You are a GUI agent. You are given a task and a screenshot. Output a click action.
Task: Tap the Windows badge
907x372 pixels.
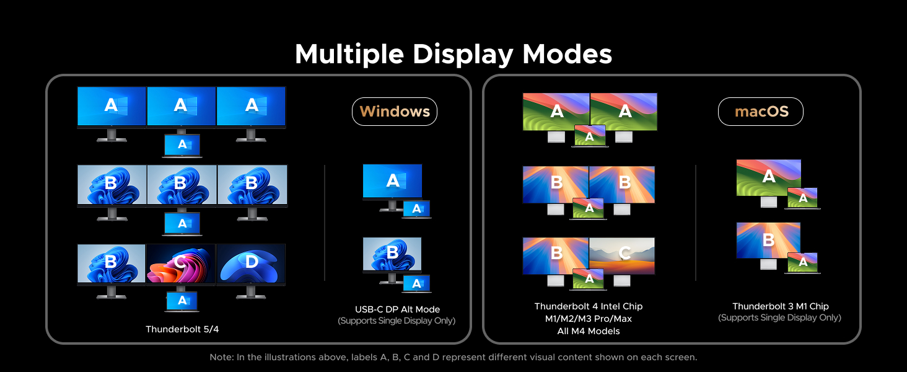pyautogui.click(x=395, y=112)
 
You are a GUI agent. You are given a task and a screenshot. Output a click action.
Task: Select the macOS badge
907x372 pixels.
pyautogui.click(x=761, y=112)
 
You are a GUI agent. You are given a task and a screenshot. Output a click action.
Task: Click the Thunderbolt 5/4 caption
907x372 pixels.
pyautogui.click(x=182, y=329)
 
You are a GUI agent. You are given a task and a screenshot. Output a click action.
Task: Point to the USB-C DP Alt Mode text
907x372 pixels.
pyautogui.click(x=397, y=309)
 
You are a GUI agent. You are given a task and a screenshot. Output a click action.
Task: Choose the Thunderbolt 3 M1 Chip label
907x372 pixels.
pyautogui.click(x=780, y=306)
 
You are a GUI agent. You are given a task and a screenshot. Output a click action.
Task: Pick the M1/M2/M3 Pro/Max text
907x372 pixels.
pyautogui.click(x=588, y=319)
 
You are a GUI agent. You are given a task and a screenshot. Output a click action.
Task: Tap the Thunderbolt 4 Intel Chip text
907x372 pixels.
pyautogui.click(x=588, y=306)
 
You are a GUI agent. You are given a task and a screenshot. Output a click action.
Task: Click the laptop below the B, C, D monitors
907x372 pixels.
pyautogui.click(x=182, y=301)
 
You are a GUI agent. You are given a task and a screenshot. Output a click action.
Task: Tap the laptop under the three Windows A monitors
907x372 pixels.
pyautogui.click(x=182, y=144)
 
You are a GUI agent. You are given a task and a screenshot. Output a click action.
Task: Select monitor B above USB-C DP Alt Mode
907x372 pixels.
pyautogui.click(x=392, y=254)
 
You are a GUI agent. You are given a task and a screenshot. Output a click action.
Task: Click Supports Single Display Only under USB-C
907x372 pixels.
pyautogui.click(x=397, y=321)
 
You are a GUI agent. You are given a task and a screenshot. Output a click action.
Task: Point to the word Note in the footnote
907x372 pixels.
pyautogui.click(x=221, y=357)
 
